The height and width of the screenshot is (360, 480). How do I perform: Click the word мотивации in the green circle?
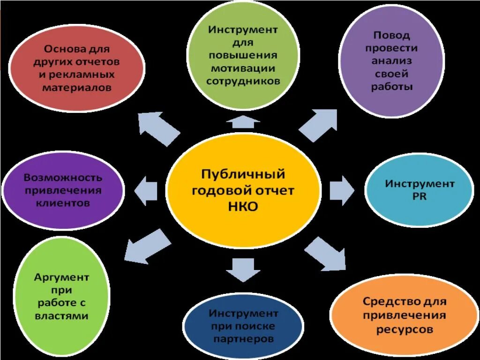tap(243, 68)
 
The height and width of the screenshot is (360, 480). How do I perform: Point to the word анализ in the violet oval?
tap(391, 61)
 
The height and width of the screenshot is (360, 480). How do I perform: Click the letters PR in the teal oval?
tap(420, 197)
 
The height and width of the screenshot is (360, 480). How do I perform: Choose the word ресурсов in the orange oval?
tap(404, 329)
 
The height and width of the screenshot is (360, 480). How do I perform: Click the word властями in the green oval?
tap(61, 316)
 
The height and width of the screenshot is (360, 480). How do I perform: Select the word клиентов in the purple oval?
tap(63, 203)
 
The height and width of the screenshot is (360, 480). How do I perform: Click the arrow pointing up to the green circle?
tap(243, 122)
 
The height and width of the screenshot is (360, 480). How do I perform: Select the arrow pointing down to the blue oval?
tap(243, 269)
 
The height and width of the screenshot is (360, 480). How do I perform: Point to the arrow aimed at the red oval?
tap(159, 128)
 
